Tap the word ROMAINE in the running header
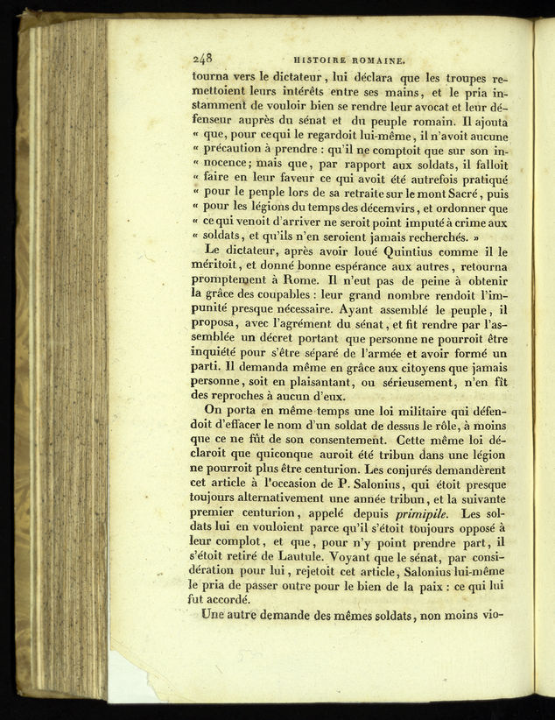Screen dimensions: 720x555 tap(377, 61)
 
